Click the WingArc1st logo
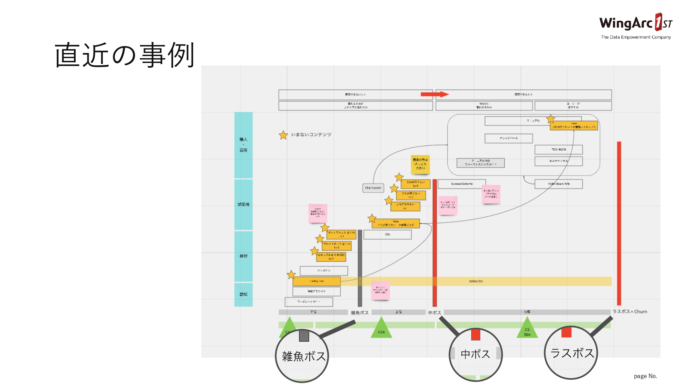[635, 26]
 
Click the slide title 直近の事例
[125, 55]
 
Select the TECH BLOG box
[558, 150]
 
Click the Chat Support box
[373, 188]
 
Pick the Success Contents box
[462, 184]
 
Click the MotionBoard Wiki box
[558, 184]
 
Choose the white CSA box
[387, 235]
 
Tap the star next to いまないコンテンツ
[283, 135]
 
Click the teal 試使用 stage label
[243, 205]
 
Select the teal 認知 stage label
[243, 294]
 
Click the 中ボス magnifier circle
[476, 354]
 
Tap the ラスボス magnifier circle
[571, 353]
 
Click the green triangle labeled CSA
[381, 329]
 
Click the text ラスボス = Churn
[630, 312]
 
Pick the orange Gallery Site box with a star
[316, 281]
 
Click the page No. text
[645, 376]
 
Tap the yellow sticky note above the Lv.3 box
[420, 164]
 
